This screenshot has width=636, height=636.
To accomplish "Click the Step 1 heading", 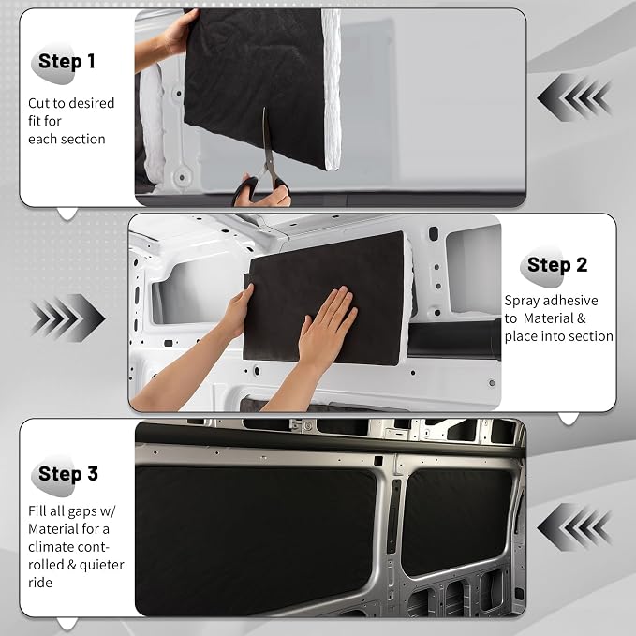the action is (67, 62).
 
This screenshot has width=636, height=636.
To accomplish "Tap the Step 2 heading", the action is (557, 265).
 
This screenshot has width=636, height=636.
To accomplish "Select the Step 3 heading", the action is (68, 473).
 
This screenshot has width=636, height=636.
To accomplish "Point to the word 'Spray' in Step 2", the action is (521, 301).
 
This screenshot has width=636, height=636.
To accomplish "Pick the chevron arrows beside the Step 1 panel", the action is (574, 97).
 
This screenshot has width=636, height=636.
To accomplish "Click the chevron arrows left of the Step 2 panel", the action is (67, 318).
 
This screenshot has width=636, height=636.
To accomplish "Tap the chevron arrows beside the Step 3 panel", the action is (574, 527).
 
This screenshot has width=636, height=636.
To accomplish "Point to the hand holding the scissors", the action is (263, 191).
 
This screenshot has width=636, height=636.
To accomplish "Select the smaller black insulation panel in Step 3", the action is (456, 521).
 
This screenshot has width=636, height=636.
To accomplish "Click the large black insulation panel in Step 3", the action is (256, 540).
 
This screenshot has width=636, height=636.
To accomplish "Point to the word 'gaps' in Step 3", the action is (82, 511).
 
